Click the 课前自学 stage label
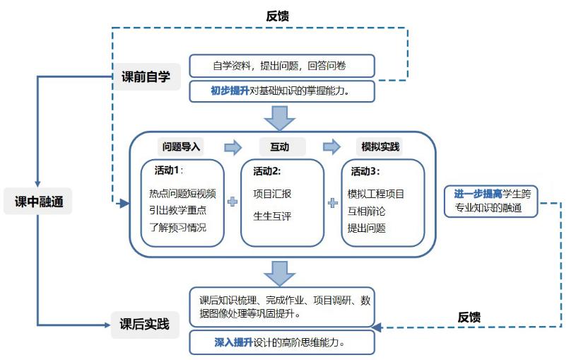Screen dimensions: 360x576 (146, 76)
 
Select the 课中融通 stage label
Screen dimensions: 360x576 (39, 202)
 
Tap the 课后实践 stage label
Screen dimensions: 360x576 (144, 325)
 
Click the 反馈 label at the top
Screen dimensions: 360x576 (278, 15)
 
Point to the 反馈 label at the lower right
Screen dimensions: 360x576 (469, 317)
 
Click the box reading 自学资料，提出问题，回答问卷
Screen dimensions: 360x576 (282, 66)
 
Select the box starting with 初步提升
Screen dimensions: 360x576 (282, 91)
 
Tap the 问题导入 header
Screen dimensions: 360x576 (182, 147)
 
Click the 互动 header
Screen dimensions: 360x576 (278, 147)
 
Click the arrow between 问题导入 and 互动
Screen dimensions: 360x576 (233, 147)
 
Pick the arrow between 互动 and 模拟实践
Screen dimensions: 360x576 (331, 147)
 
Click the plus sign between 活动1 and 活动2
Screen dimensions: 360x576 (233, 202)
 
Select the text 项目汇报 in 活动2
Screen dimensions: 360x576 (272, 194)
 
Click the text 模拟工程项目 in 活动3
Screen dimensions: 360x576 (376, 194)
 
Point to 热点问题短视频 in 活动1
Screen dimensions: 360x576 (182, 194)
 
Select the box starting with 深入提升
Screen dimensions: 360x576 (282, 342)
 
